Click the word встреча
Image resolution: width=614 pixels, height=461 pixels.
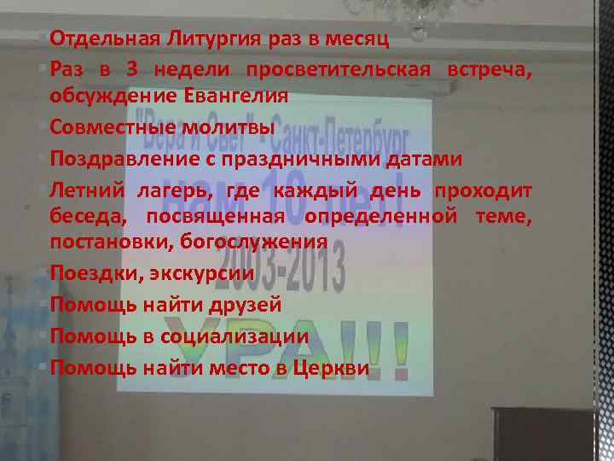[489, 68]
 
